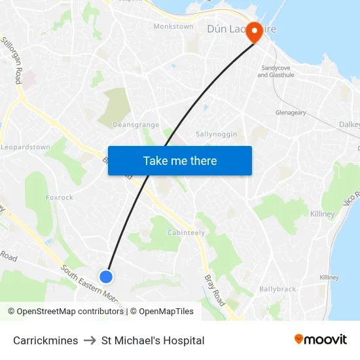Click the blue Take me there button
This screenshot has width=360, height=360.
click(180, 160)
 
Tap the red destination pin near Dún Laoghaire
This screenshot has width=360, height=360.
click(254, 33)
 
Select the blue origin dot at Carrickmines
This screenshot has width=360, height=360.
click(106, 276)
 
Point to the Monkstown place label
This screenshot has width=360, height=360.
click(173, 26)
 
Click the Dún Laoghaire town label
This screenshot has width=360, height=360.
click(236, 29)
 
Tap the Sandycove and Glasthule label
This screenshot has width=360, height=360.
click(278, 71)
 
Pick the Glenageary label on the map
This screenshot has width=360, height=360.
click(291, 113)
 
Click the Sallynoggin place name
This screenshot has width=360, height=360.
click(217, 134)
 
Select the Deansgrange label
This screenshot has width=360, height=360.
click(136, 124)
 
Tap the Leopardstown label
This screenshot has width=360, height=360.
click(26, 147)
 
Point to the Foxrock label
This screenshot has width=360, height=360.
click(60, 197)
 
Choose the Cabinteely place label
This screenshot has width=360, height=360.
click(187, 233)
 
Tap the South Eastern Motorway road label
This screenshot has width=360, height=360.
click(92, 285)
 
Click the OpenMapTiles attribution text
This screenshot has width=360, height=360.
click(166, 312)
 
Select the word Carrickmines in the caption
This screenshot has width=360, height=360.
click(46, 340)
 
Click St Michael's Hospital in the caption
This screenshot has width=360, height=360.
click(153, 340)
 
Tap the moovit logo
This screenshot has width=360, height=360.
click(320, 339)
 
